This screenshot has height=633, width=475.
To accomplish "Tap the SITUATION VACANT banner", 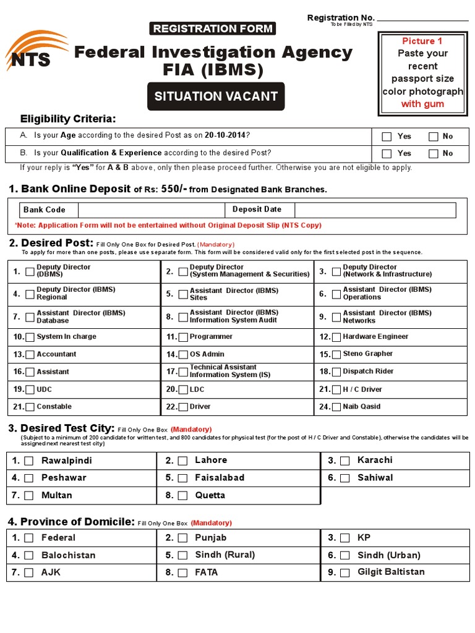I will (215, 96).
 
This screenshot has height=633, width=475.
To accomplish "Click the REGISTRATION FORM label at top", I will (212, 28).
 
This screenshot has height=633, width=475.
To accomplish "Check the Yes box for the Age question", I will (387, 137).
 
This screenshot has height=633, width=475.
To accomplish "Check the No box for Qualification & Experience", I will (434, 154).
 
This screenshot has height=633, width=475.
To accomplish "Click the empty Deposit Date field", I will (375, 210).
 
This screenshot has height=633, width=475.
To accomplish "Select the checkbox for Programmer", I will (182, 338).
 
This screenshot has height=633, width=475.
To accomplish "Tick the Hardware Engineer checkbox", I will (336, 338).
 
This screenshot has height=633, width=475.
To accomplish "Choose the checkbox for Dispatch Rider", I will (336, 372).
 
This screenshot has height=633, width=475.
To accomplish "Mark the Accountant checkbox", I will (30, 355).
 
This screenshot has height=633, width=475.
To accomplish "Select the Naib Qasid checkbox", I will (336, 407).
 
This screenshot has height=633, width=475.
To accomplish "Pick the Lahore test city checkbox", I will (183, 461).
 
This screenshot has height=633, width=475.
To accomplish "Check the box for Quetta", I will (183, 496).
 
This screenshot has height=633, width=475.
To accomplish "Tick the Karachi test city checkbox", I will (345, 461).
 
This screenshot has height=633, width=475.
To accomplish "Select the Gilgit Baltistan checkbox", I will (345, 573).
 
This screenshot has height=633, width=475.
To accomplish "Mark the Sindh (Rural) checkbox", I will (183, 556).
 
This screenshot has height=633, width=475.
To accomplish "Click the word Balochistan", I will (68, 556).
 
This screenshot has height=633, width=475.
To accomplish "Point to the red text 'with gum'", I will (422, 104).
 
